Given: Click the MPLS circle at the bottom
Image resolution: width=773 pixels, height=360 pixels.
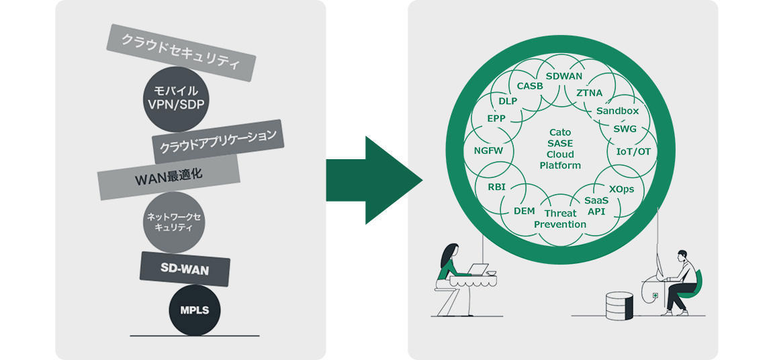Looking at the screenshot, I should coord(194,310).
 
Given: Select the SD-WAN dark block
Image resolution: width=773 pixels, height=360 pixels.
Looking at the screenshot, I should coord(185,269).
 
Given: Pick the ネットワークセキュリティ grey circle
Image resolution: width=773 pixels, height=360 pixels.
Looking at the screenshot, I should coord(174,222).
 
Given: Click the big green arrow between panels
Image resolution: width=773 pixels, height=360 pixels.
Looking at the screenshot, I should coord(373,180).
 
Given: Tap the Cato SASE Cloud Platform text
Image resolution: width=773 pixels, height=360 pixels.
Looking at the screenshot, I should coord(560,149).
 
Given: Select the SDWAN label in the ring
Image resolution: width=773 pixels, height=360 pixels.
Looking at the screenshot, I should coord(564,77).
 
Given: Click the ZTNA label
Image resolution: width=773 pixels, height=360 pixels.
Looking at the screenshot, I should coord(590,93).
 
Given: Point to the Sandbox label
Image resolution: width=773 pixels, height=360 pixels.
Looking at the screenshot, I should coord(617,110).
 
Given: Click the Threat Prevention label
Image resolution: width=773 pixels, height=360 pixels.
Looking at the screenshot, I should coord(560,218).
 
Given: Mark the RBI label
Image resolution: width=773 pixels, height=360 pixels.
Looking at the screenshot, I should coord(496,187).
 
